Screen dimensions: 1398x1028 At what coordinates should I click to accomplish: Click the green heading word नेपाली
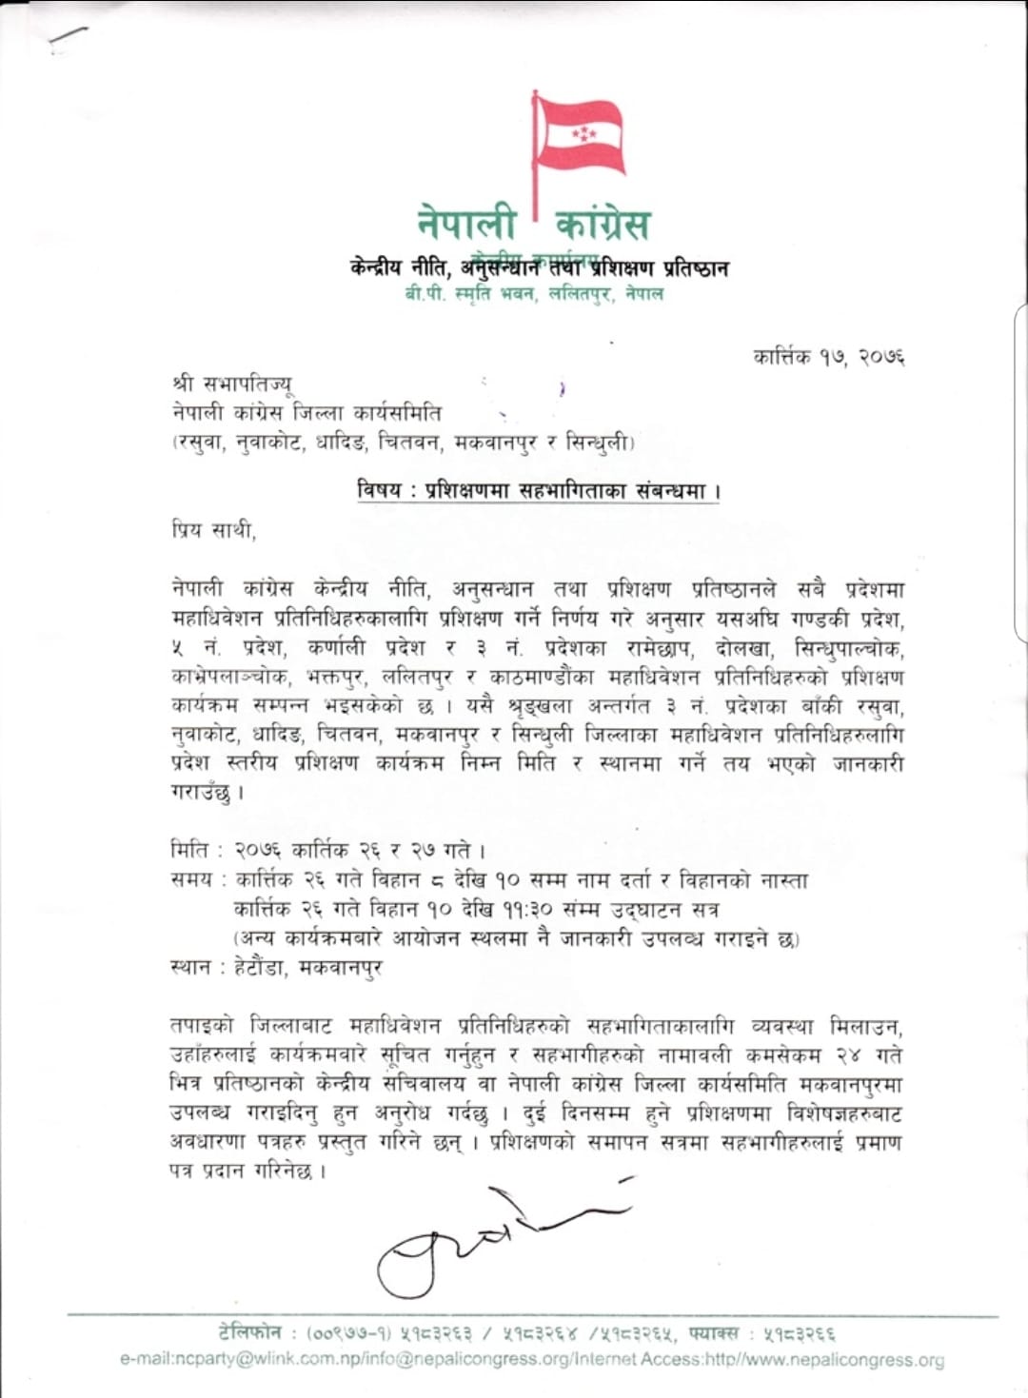coord(466,223)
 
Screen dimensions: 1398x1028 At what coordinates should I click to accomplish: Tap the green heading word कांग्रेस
coord(603,224)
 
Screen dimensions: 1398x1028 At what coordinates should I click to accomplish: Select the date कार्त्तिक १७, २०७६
coord(828,357)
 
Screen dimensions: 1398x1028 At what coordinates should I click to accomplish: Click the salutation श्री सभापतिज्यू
coord(232,384)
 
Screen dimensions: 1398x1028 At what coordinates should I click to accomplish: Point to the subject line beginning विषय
coord(539,491)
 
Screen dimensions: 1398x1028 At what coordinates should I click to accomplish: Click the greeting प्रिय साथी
coord(213,529)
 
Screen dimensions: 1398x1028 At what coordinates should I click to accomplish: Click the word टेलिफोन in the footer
coord(250,1332)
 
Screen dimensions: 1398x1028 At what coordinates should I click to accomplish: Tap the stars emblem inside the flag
coord(583,134)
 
